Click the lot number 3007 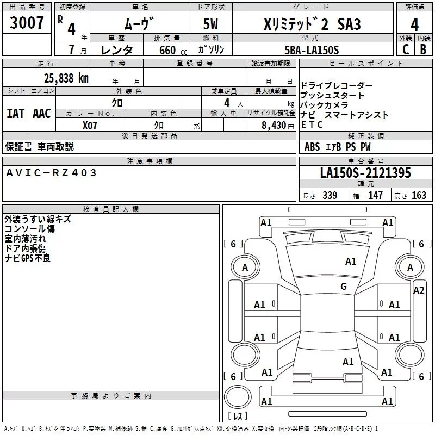click(x=27, y=23)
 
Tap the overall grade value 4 click(x=414, y=25)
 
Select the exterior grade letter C click(x=406, y=49)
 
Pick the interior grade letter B click(x=423, y=49)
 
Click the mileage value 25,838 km click(x=66, y=78)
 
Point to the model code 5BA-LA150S click(x=312, y=50)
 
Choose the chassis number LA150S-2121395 click(x=365, y=173)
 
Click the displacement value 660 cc click(x=173, y=50)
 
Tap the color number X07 click(x=90, y=126)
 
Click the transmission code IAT click(x=15, y=114)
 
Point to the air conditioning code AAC click(x=42, y=114)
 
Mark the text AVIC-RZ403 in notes click(x=51, y=173)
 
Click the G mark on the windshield click(x=344, y=287)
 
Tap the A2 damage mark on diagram click(x=419, y=290)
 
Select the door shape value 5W click(x=210, y=24)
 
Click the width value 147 click(x=375, y=195)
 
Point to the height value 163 click(x=419, y=195)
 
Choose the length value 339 click(x=330, y=195)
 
